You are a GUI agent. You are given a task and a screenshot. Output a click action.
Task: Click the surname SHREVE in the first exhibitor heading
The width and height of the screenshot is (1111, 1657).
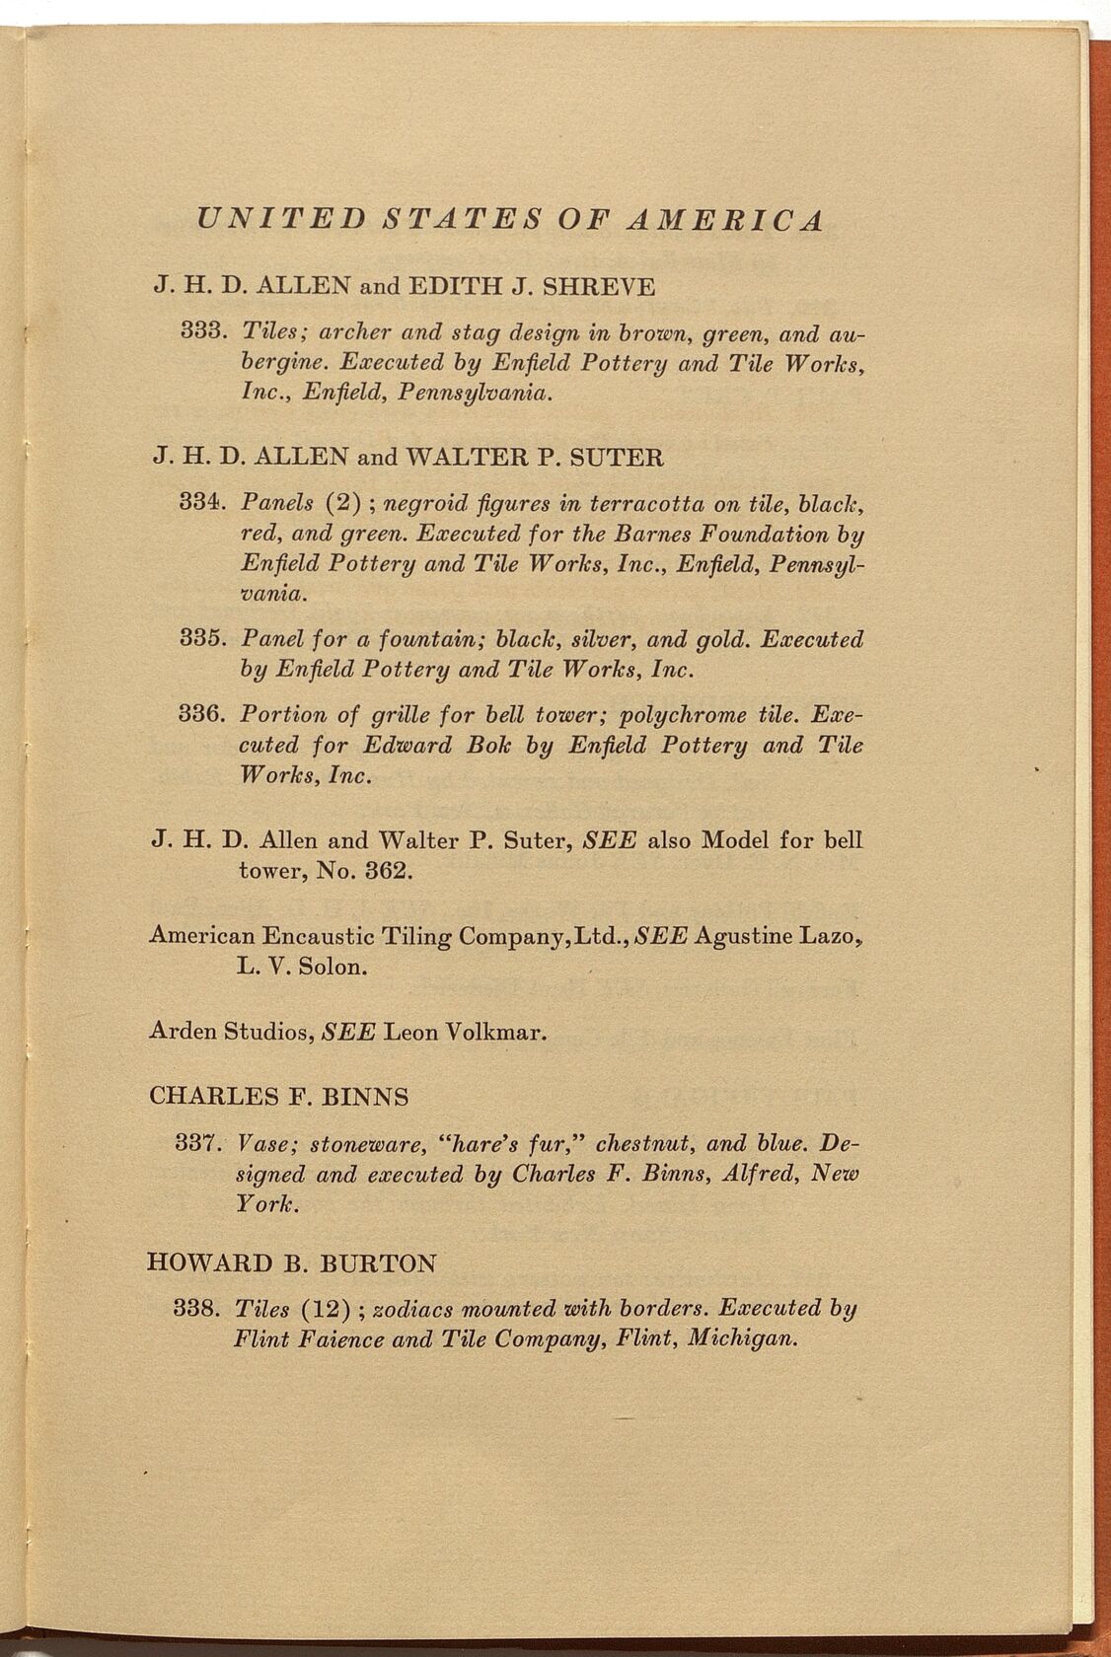(599, 287)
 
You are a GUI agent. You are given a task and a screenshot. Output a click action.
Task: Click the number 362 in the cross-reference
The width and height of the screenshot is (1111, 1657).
(379, 872)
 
